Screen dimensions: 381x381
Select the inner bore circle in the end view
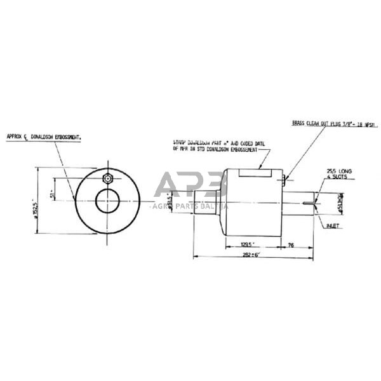[x=107, y=202]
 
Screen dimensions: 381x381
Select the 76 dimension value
[x=291, y=244]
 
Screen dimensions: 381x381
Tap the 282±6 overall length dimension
[x=253, y=256]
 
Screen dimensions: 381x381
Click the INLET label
[x=333, y=225]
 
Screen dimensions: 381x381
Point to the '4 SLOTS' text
[x=333, y=178]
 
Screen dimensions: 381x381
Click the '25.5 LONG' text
[x=333, y=171]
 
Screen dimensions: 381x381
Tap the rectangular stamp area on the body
[x=256, y=171]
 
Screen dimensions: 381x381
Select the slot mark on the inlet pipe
[x=307, y=203]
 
